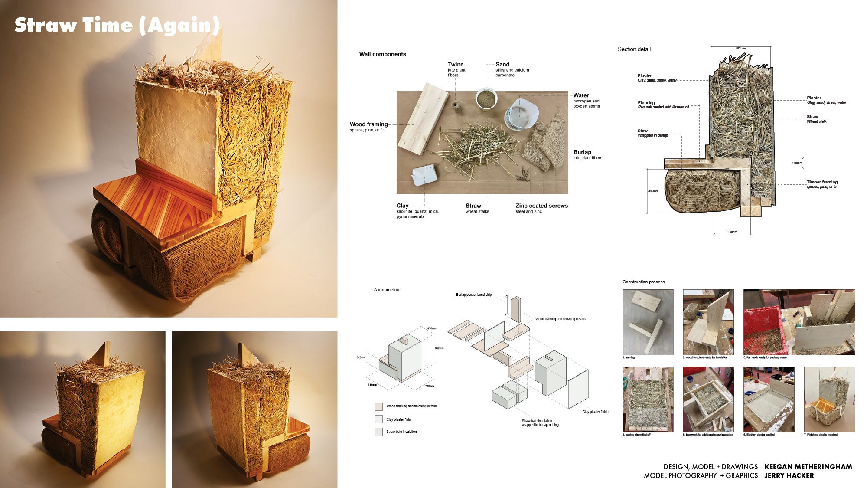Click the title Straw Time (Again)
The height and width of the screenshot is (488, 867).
(117, 25)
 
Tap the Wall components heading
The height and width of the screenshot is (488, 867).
(382, 54)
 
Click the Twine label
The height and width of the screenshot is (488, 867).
(456, 64)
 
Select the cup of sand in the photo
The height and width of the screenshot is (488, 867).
(486, 99)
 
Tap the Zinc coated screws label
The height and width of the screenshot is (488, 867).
(541, 206)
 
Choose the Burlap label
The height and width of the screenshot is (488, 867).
(582, 152)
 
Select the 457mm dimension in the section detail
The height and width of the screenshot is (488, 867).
(740, 48)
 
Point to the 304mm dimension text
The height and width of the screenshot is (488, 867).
(732, 232)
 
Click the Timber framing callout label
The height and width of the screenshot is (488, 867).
(822, 182)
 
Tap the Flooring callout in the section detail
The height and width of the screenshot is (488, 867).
(646, 103)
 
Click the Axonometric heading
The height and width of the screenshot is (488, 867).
(386, 290)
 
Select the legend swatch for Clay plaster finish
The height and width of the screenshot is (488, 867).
(379, 419)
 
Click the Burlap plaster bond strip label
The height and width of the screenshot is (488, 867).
(474, 295)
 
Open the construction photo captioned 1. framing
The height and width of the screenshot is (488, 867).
(648, 322)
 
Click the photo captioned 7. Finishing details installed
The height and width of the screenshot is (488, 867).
(829, 399)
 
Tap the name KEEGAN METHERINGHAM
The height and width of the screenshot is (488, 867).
(808, 467)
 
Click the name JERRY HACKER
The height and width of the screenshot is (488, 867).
(789, 475)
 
